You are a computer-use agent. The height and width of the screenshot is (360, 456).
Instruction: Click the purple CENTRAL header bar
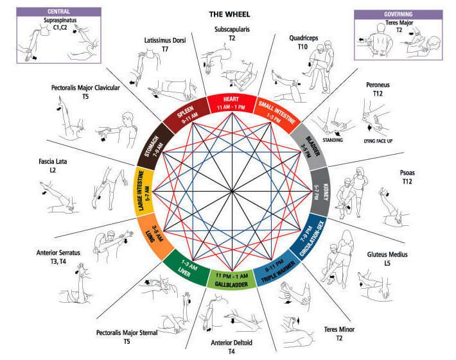coord(58,12)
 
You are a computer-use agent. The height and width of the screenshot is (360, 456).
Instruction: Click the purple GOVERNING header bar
coord(398,12)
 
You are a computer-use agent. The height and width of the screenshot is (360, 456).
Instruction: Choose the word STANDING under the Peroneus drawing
coord(333,139)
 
